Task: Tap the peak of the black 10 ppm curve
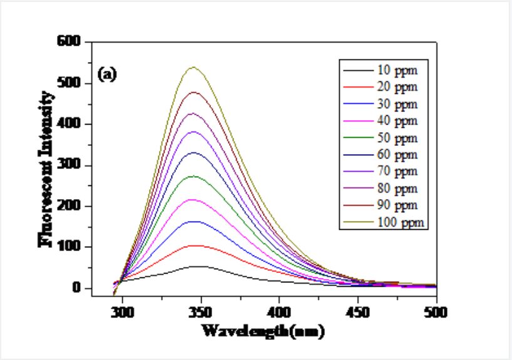199,267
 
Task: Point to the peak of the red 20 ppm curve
197,245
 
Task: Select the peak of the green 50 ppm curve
194,176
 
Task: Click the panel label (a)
108,75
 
